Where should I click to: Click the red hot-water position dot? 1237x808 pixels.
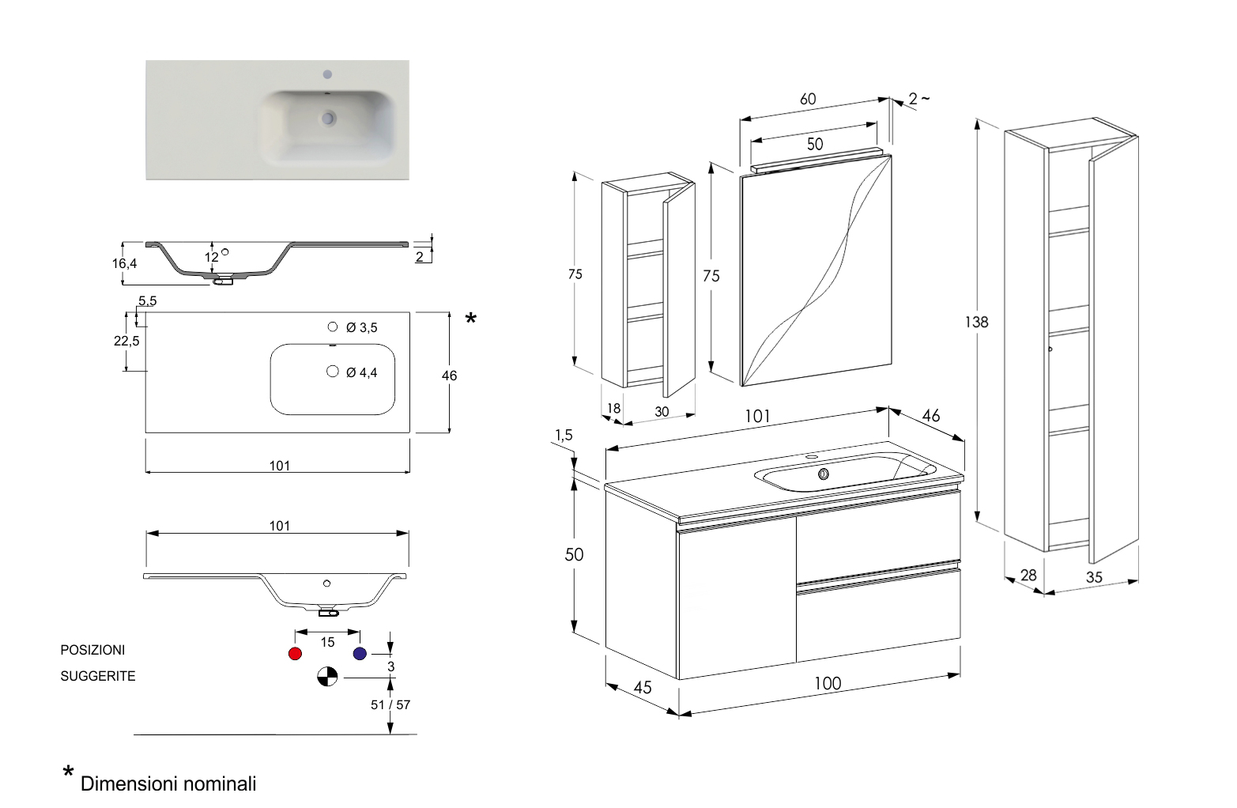[296, 654]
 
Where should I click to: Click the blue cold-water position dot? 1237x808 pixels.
[360, 654]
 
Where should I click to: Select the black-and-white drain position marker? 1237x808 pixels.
[327, 677]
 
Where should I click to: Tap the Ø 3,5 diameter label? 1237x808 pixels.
[363, 327]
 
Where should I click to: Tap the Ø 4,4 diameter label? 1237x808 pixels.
[362, 372]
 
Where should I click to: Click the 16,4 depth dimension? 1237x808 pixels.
[124, 263]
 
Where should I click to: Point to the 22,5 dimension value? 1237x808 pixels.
[127, 341]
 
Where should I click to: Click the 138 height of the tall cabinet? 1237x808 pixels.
[976, 323]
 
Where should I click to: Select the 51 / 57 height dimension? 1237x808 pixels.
[390, 704]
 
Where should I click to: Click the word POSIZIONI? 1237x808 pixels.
[92, 650]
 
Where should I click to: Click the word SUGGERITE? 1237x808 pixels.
[98, 676]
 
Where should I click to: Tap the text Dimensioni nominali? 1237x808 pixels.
[168, 784]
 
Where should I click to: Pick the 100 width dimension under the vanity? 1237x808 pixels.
[828, 684]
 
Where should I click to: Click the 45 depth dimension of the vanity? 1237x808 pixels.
[643, 688]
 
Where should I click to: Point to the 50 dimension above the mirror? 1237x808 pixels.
[814, 144]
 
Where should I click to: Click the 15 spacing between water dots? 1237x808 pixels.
[327, 642]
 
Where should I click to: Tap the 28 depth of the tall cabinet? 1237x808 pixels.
[1028, 575]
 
